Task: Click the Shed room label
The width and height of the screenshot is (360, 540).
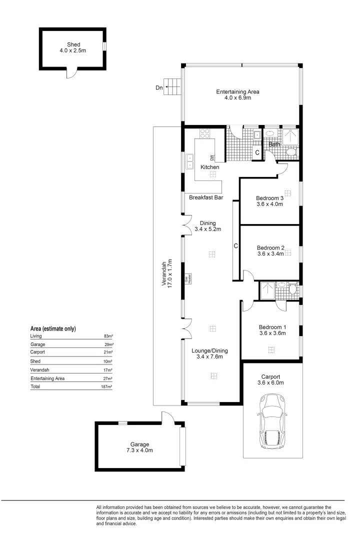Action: click(x=73, y=44)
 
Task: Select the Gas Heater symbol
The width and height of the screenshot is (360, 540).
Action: click(x=187, y=278)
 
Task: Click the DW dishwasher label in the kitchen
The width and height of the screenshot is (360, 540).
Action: click(x=212, y=157)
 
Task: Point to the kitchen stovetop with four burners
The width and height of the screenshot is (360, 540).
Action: click(x=204, y=133)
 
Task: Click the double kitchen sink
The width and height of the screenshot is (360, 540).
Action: click(x=190, y=161)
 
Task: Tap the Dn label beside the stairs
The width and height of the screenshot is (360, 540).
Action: click(x=159, y=88)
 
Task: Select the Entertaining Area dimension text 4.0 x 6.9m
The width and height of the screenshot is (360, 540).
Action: click(x=237, y=98)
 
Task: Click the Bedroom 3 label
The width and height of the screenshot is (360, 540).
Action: click(x=269, y=198)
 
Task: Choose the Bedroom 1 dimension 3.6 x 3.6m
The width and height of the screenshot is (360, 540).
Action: click(x=272, y=333)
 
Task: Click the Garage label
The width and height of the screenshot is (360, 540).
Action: click(x=139, y=444)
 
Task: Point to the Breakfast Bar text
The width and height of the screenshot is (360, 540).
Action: click(x=206, y=197)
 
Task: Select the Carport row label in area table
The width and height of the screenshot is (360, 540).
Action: click(x=37, y=352)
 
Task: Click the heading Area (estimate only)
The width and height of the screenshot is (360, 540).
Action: click(x=53, y=328)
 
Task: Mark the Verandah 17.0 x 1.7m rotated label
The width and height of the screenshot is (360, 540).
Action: click(x=166, y=273)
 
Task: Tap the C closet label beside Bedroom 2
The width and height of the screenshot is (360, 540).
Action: click(x=235, y=246)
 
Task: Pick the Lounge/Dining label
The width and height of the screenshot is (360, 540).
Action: click(x=210, y=350)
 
